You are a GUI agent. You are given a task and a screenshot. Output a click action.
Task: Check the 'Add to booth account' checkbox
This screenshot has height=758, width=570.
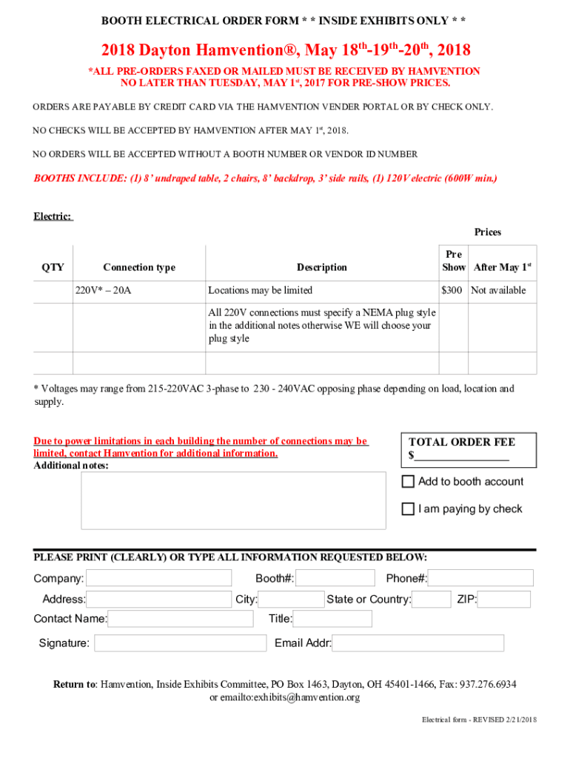click(x=408, y=482)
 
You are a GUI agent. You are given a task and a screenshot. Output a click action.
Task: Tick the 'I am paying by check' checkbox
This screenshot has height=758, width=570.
click(x=408, y=509)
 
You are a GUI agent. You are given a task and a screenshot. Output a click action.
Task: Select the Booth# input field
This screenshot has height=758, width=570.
click(x=335, y=578)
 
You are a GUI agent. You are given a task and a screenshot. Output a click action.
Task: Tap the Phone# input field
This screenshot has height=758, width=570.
click(x=480, y=578)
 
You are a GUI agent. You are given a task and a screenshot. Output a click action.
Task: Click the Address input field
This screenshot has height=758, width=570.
click(x=159, y=600)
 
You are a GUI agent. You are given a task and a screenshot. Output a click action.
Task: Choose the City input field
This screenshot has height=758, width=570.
click(x=291, y=600)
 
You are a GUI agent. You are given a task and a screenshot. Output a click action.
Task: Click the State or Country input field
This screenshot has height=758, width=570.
click(x=431, y=600)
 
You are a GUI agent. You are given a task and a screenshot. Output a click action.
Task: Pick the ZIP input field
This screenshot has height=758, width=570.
click(x=504, y=600)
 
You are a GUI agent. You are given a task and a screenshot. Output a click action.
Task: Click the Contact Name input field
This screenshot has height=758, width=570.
click(x=181, y=619)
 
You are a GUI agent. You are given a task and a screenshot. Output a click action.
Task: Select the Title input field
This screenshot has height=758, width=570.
click(x=332, y=619)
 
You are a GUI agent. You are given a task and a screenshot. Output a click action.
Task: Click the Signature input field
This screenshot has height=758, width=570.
click(x=180, y=643)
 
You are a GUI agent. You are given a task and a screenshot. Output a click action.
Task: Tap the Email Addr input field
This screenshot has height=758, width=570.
click(x=418, y=643)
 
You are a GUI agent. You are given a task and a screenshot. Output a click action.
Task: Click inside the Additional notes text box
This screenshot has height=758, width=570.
click(x=233, y=500)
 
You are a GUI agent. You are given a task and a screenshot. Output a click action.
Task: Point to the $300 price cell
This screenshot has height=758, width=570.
click(x=453, y=290)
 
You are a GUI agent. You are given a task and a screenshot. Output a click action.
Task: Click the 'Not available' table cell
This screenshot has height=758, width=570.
click(x=499, y=290)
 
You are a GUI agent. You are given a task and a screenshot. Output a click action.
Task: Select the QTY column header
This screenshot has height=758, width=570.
click(x=53, y=267)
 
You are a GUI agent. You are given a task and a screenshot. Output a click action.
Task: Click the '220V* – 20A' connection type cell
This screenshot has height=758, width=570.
click(x=104, y=290)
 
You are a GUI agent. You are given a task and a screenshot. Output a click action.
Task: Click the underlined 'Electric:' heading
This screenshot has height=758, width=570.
click(x=53, y=216)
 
